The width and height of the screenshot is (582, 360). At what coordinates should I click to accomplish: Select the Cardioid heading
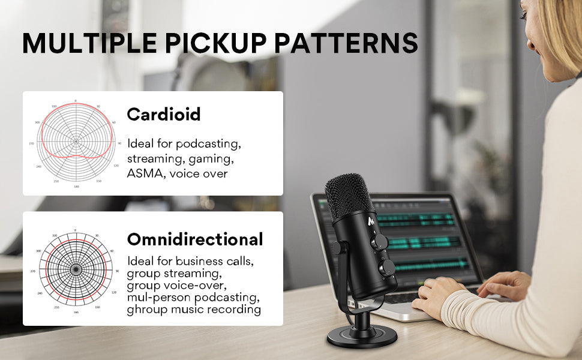coord(163,115)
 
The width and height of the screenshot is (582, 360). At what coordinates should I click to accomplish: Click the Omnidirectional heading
coord(195,239)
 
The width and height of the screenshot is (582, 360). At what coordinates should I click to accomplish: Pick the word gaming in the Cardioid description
coord(212,159)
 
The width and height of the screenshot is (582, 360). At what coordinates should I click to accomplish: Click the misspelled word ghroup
coord(143,310)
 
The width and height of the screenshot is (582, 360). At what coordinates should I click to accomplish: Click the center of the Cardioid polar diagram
coord(76,142)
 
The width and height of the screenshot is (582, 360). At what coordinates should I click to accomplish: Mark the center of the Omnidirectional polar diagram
coord(75,271)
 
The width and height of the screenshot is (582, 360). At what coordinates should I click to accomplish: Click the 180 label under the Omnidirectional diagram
coord(76,313)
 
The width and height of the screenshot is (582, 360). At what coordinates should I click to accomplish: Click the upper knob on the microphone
coord(379,241)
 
